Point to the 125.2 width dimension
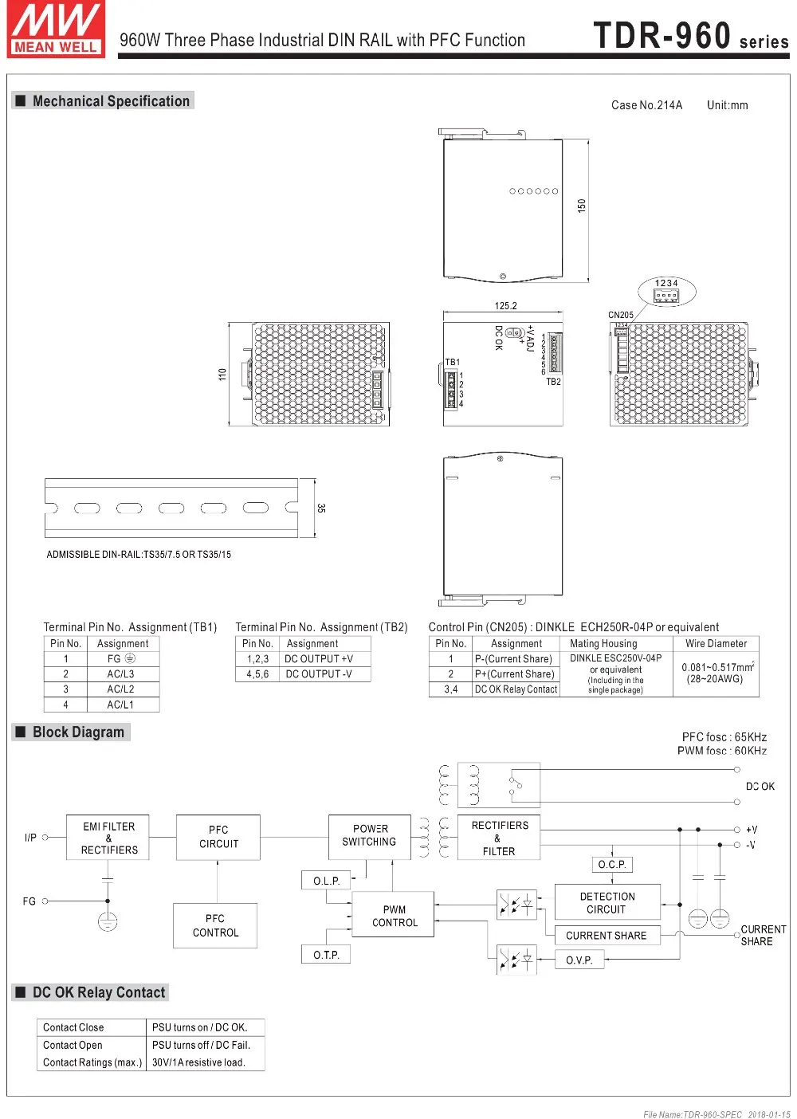pyautogui.click(x=505, y=305)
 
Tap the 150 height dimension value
pyautogui.click(x=582, y=206)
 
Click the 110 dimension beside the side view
pyautogui.click(x=222, y=374)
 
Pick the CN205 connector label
pyautogui.click(x=620, y=315)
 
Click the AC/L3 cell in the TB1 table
pyautogui.click(x=121, y=674)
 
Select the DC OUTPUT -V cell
pyautogui.click(x=319, y=674)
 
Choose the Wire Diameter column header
pyautogui.click(x=716, y=644)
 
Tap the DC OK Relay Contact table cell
pyautogui.click(x=516, y=689)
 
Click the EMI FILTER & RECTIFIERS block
pyautogui.click(x=109, y=838)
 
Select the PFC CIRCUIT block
pyautogui.click(x=218, y=837)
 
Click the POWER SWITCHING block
pyautogui.click(x=370, y=835)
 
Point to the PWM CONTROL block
pyautogui.click(x=395, y=916)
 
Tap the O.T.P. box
pyautogui.click(x=326, y=955)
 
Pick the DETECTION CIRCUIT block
pyautogui.click(x=607, y=903)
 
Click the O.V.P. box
pyautogui.click(x=579, y=960)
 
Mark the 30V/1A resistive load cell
pyautogui.click(x=198, y=1062)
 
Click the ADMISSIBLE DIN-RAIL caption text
pyautogui.click(x=139, y=555)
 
